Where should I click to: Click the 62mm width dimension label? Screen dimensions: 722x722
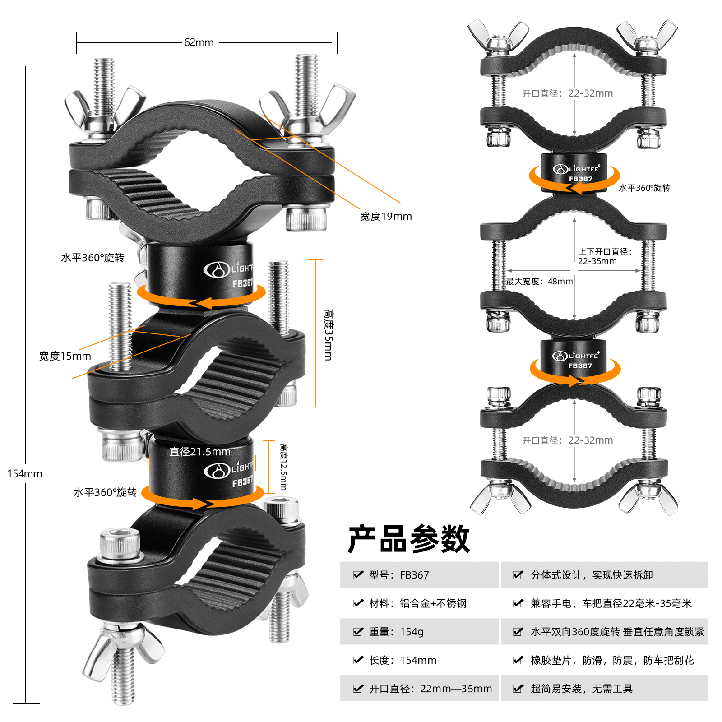(199, 42)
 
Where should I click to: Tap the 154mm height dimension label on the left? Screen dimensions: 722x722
(25, 474)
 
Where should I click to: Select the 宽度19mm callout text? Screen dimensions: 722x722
(386, 217)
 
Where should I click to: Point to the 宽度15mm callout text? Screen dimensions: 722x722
(65, 356)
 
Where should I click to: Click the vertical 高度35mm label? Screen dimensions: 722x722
(329, 335)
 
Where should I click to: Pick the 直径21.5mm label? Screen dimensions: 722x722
(200, 452)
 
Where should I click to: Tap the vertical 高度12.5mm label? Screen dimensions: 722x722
(283, 467)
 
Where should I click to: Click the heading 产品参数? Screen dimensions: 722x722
(409, 539)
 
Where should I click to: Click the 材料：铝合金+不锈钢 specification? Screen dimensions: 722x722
(417, 603)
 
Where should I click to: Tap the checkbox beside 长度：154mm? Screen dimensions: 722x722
(358, 660)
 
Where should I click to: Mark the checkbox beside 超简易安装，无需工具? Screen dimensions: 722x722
(518, 689)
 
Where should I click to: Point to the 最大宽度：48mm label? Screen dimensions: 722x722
(539, 282)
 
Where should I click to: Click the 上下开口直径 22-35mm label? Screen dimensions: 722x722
(605, 256)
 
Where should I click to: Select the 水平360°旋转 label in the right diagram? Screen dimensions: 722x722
(644, 188)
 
